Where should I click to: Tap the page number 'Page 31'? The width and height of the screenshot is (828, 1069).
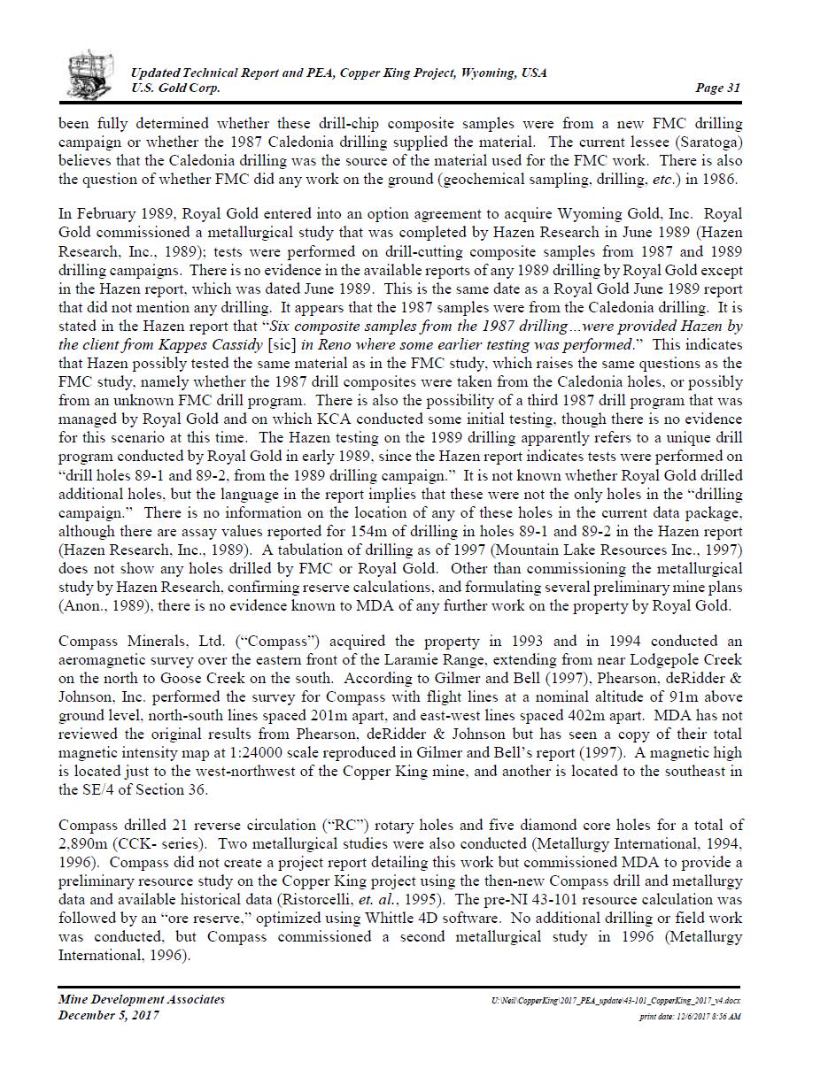coord(717,88)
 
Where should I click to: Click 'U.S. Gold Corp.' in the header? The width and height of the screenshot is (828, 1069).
coord(175,88)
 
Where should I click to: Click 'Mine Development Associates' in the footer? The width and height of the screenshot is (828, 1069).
coord(142,999)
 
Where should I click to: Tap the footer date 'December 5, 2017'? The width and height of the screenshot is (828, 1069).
coord(109,1015)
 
